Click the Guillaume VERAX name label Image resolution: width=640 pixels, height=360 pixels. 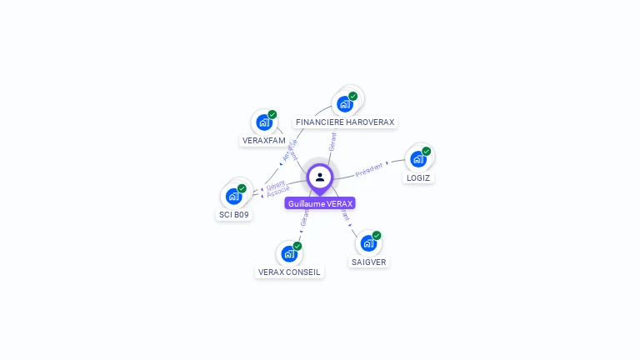320,203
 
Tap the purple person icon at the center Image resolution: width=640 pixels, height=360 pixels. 320,177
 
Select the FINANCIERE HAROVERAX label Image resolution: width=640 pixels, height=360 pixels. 345,122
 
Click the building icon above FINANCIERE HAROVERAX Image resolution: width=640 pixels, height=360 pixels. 344,104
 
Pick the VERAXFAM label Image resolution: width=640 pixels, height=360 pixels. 264,141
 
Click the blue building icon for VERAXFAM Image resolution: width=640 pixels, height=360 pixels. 264,122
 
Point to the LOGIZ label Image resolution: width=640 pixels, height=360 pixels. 418,177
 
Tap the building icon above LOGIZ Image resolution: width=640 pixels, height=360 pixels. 417,159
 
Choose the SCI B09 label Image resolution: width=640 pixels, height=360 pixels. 234,214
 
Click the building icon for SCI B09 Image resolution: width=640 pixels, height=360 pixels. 233,197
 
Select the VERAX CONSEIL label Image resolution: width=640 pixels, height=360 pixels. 289,272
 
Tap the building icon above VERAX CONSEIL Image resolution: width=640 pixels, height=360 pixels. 289,253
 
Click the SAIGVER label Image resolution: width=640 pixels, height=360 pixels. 368,262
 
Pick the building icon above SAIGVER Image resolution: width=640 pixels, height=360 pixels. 368,243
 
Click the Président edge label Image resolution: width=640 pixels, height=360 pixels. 369,169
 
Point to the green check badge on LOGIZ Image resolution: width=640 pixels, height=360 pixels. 427,152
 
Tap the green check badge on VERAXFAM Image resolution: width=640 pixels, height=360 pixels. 272,115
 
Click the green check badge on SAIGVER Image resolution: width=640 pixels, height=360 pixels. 377,236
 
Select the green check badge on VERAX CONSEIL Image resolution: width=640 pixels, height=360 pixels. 297,246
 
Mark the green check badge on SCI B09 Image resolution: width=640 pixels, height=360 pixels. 242,188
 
